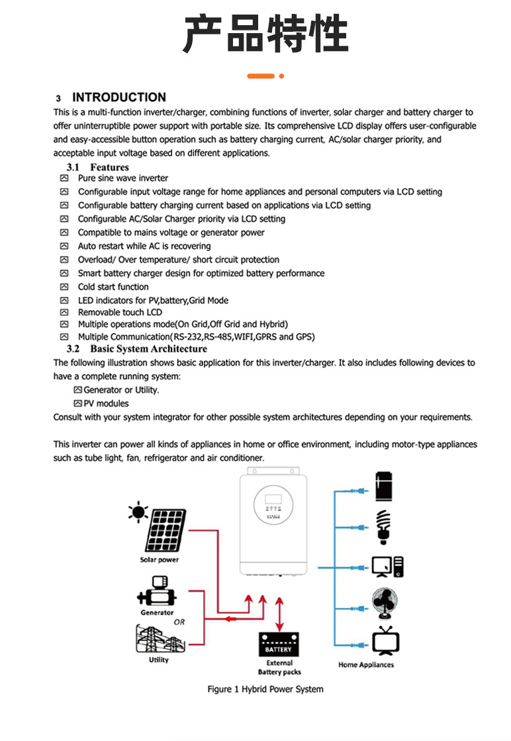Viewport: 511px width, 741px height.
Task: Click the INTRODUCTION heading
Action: coord(118,97)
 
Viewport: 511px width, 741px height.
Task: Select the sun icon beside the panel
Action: coord(138,512)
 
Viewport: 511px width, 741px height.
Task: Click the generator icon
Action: coord(157,591)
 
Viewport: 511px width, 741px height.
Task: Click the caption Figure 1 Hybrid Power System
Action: coord(265,689)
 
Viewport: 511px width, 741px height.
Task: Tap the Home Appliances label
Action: coord(366,665)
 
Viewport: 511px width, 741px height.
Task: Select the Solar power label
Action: coord(159,560)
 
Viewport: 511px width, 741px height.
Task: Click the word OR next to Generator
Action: coord(179,622)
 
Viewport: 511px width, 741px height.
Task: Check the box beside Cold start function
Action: coord(64,287)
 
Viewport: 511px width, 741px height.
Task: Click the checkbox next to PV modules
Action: coord(77,403)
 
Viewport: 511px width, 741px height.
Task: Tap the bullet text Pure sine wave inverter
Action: coord(122,178)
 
